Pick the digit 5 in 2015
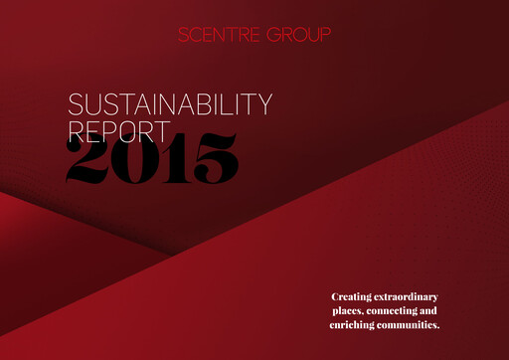tap(211, 158)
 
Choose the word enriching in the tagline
tap(354, 325)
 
